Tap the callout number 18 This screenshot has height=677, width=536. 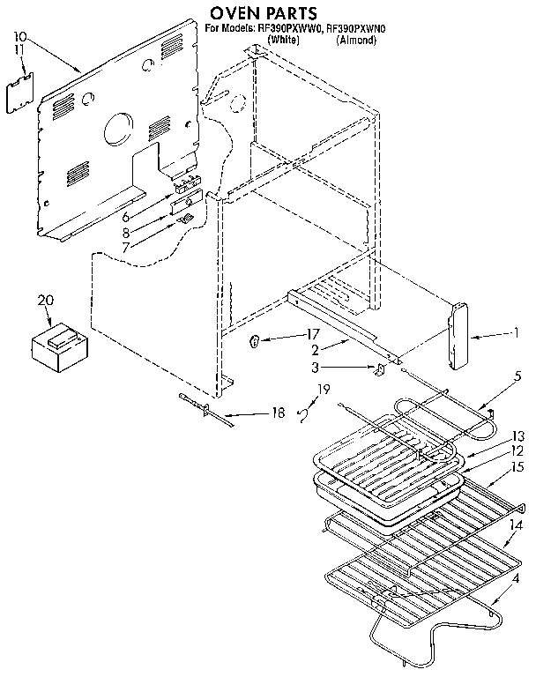pyautogui.click(x=278, y=412)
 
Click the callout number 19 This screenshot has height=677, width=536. pyautogui.click(x=324, y=389)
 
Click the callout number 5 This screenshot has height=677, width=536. pyautogui.click(x=517, y=376)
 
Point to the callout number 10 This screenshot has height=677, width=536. pyautogui.click(x=21, y=38)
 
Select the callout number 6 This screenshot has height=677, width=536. pyautogui.click(x=126, y=217)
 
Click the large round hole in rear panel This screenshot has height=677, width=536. pyautogui.click(x=116, y=132)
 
